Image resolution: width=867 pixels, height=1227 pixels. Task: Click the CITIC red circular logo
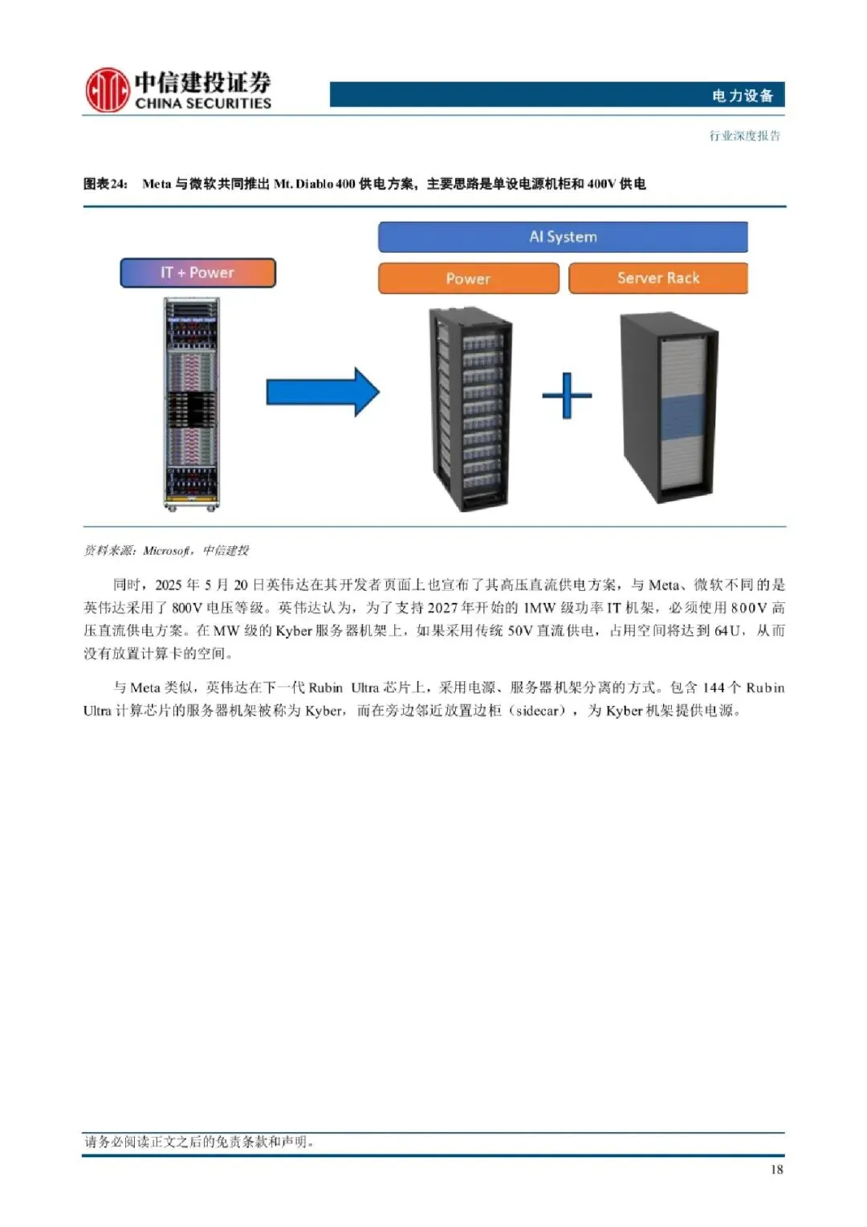tap(107, 89)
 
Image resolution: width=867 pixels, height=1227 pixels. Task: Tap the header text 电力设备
tap(742, 96)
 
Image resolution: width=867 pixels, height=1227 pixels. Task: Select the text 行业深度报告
tap(744, 136)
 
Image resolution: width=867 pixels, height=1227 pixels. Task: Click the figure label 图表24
tap(105, 184)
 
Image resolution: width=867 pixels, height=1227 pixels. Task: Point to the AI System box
tap(563, 237)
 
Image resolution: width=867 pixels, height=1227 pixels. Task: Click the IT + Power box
tap(197, 273)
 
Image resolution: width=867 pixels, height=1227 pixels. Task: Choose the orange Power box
tap(468, 279)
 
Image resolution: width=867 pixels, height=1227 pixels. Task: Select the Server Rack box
tap(658, 278)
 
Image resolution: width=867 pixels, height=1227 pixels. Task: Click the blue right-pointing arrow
tap(323, 392)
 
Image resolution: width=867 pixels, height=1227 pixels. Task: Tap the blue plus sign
tap(567, 395)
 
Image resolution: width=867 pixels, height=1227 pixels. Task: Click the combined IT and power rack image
tap(192, 404)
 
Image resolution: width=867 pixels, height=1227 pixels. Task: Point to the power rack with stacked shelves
tap(470, 410)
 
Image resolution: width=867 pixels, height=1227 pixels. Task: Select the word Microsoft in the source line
tap(166, 551)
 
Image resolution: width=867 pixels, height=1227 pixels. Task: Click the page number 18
tap(776, 1170)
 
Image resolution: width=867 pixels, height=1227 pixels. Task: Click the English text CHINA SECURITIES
tap(203, 104)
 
